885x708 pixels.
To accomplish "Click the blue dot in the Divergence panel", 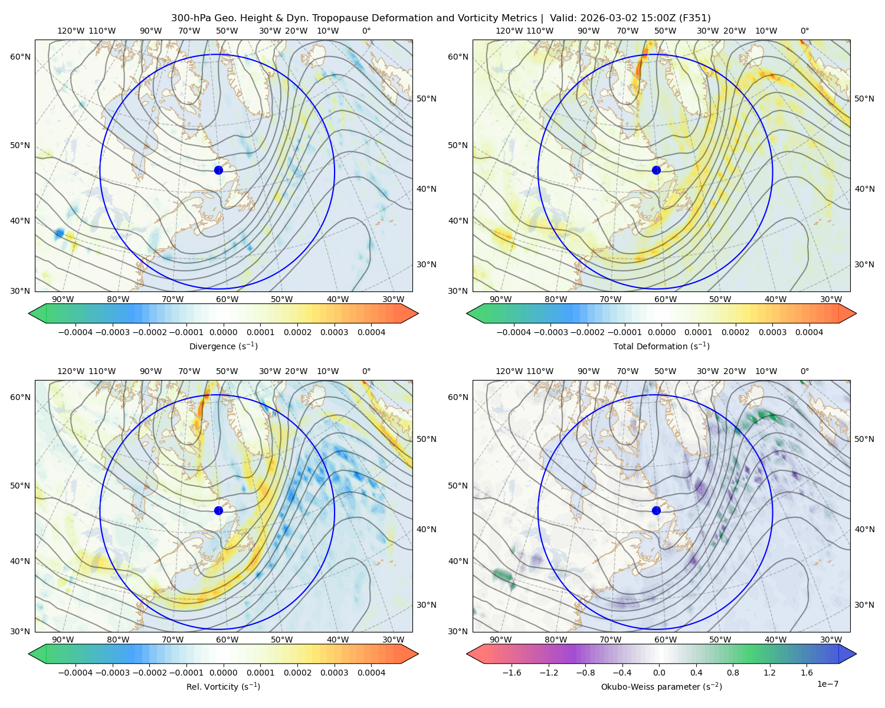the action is pyautogui.click(x=218, y=170).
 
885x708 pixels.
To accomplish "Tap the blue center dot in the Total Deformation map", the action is pyautogui.click(x=656, y=170).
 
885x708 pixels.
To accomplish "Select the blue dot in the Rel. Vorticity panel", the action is pyautogui.click(x=218, y=510).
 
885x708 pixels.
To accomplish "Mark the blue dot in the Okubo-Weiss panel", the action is pyautogui.click(x=656, y=510).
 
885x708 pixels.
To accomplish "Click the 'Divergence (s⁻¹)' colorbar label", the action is pyautogui.click(x=223, y=346).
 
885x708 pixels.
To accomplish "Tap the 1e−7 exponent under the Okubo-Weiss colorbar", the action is pyautogui.click(x=827, y=684).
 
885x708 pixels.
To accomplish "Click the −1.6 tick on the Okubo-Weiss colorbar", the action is pyautogui.click(x=512, y=672).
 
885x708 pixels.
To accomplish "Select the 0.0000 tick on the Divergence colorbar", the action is pyautogui.click(x=223, y=332).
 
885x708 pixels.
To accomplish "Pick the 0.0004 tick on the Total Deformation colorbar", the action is pyautogui.click(x=809, y=332).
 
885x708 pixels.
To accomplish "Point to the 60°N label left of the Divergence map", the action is pyautogui.click(x=20, y=57).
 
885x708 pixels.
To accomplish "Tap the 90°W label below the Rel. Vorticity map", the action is pyautogui.click(x=63, y=640).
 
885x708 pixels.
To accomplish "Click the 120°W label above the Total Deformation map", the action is pyautogui.click(x=509, y=31).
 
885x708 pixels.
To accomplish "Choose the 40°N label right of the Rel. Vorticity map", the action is pyautogui.click(x=427, y=529).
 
